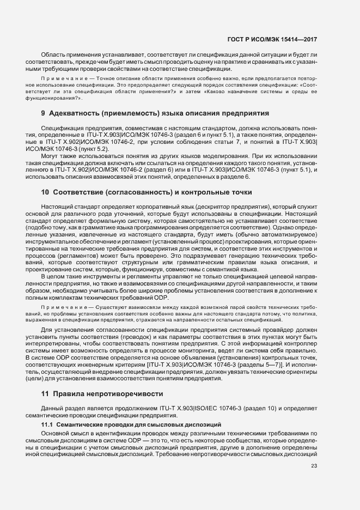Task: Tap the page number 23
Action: pyautogui.click(x=314, y=465)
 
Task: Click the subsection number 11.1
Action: pyautogui.click(x=47, y=423)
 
